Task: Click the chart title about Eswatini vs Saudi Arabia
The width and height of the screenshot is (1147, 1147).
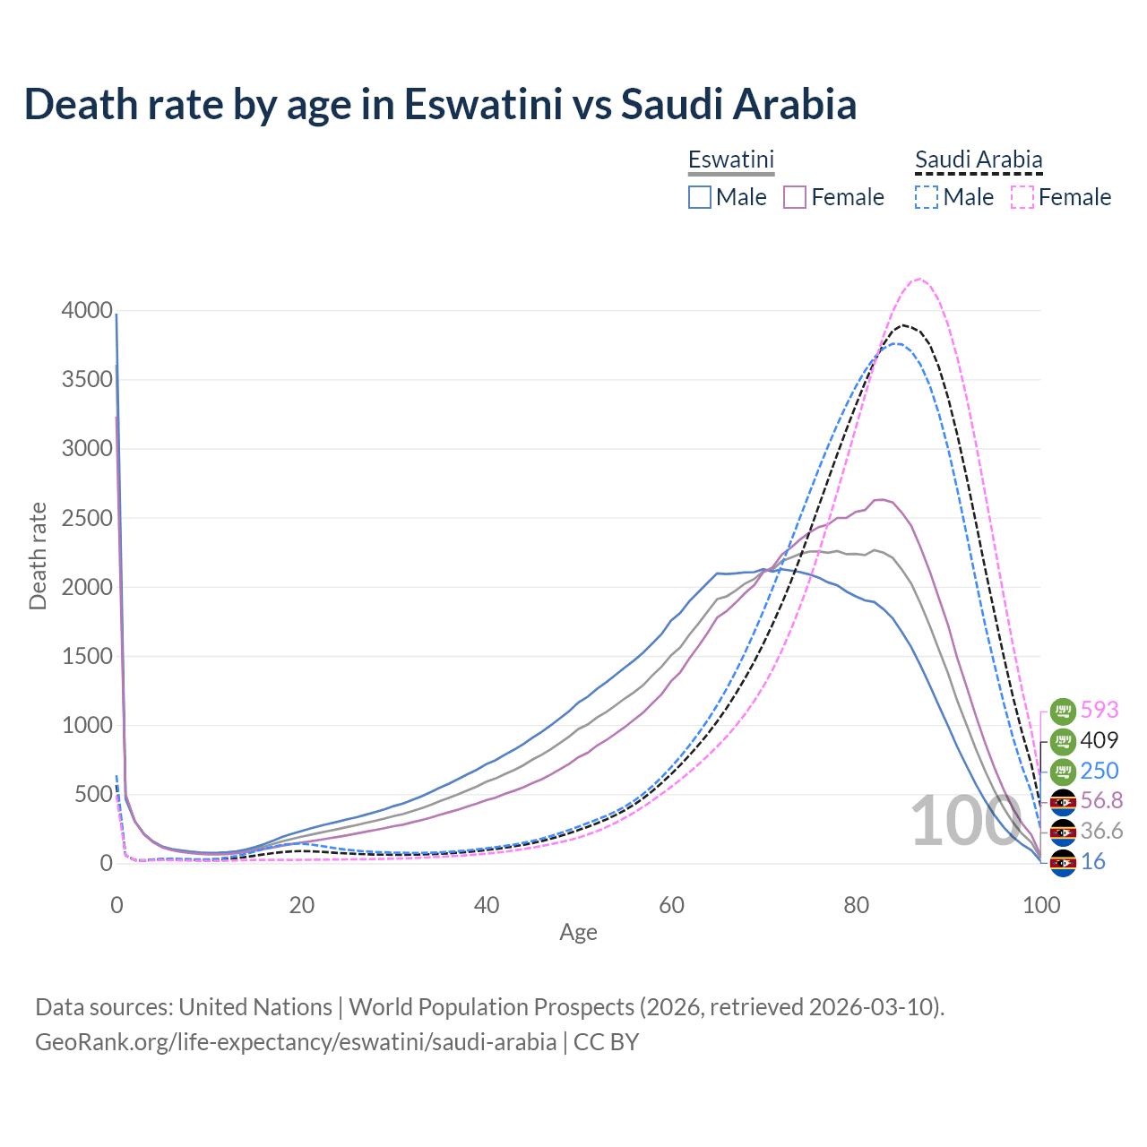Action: click(440, 104)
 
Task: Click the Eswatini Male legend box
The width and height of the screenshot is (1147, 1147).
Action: click(700, 197)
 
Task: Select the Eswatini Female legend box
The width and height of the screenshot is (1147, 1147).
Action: click(795, 197)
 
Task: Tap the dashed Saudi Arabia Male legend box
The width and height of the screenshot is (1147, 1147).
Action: click(927, 197)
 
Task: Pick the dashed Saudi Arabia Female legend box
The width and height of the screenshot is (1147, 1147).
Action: click(1022, 197)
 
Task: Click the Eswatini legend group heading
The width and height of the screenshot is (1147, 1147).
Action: click(730, 160)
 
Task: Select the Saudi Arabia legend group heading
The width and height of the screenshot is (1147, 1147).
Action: click(979, 160)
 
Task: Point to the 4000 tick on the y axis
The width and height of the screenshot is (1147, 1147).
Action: click(87, 311)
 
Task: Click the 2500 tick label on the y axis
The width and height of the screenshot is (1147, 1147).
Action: click(87, 518)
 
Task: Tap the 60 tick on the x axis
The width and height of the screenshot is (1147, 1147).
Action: click(671, 905)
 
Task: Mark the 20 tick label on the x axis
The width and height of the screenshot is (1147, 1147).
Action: click(302, 905)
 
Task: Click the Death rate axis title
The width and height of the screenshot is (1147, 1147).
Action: click(38, 556)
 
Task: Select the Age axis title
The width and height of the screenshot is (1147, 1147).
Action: click(578, 933)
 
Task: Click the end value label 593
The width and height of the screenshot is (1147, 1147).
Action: click(1100, 710)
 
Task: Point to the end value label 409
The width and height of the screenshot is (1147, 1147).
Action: click(1100, 740)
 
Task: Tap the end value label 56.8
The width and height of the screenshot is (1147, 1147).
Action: click(1100, 800)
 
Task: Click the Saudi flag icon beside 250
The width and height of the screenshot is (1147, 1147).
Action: click(1063, 771)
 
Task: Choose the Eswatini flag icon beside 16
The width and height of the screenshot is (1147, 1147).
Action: click(1063, 862)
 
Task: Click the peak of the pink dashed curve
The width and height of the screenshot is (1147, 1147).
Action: click(919, 279)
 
